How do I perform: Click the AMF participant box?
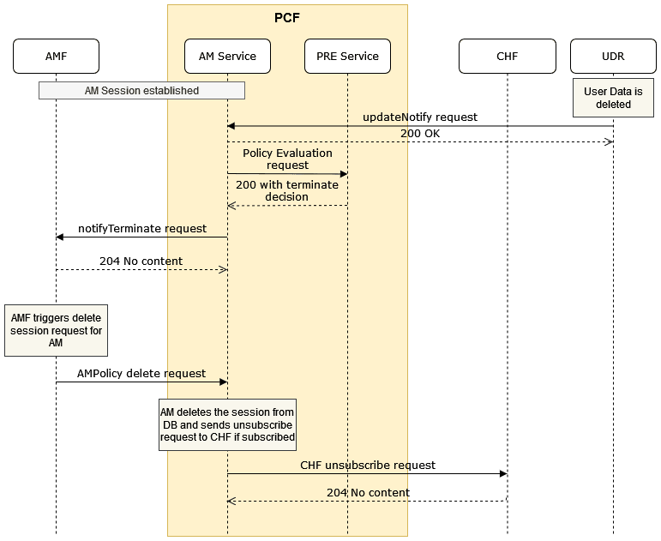[x=56, y=57]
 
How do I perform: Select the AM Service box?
[x=227, y=57]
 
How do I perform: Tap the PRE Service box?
[x=347, y=57]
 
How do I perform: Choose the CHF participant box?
[x=507, y=57]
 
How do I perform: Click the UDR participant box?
[x=613, y=57]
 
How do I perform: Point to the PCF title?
[x=287, y=16]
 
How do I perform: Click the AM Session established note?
[x=141, y=90]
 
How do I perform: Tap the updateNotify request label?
[x=420, y=117]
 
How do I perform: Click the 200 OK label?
[x=420, y=134]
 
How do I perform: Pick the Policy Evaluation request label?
[x=287, y=159]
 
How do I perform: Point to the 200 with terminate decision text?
[x=287, y=190]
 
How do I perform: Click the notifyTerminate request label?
[x=142, y=229]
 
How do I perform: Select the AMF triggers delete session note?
[x=56, y=330]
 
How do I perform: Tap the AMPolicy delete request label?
[x=141, y=374]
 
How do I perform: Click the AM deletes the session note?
[x=227, y=424]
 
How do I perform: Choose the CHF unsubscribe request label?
[x=368, y=466]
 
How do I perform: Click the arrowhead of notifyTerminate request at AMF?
[x=60, y=237]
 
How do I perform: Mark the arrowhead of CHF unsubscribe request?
[x=502, y=473]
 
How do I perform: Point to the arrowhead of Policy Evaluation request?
[x=343, y=174]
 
